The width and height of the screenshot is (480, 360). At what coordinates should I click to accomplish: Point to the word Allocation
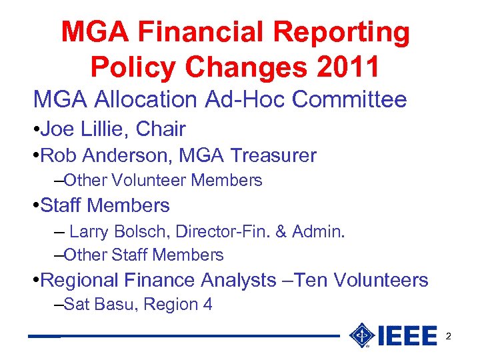(147, 100)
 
